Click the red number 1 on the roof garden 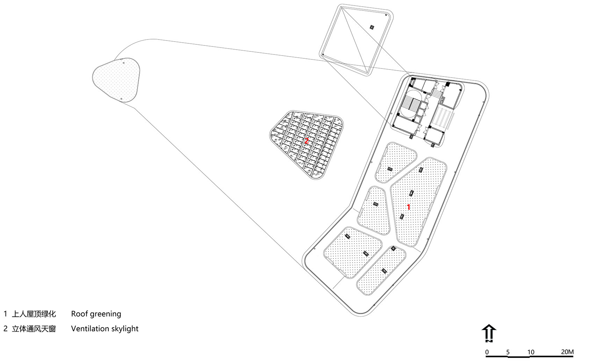(409, 207)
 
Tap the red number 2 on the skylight (306, 141)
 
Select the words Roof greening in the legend (96, 314)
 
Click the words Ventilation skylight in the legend (105, 329)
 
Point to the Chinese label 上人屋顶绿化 (34, 314)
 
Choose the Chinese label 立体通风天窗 (34, 329)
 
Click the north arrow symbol (489, 333)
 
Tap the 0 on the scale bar (487, 352)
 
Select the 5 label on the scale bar (508, 352)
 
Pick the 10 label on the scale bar (531, 352)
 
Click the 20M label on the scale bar (567, 352)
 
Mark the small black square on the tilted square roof (372, 27)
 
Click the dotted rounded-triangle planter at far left (116, 80)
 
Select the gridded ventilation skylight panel (306, 145)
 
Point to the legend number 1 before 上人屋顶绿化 (5, 314)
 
